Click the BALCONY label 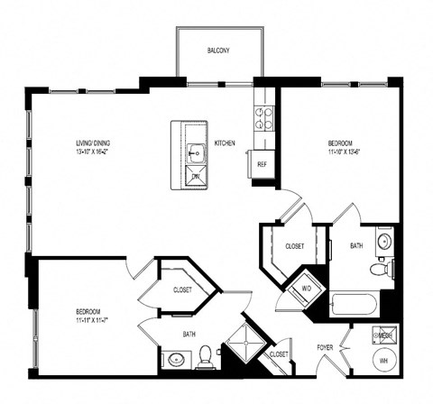[218, 50]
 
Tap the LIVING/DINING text [94, 142]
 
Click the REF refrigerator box [263, 164]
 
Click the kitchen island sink [197, 152]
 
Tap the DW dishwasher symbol [196, 177]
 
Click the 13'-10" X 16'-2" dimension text [94, 152]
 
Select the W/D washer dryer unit [303, 289]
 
